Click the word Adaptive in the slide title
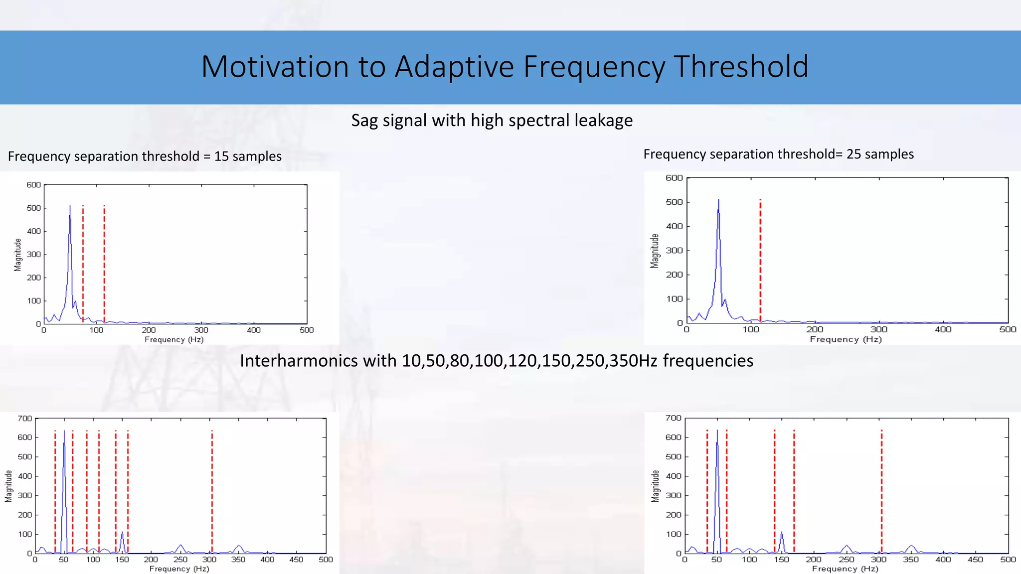click(454, 67)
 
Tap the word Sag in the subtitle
click(364, 121)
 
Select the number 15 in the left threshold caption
click(221, 156)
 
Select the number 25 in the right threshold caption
click(853, 154)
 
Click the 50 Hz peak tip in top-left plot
click(70, 206)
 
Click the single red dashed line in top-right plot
click(760, 259)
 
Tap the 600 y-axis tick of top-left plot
click(33, 185)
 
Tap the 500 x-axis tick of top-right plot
click(1008, 329)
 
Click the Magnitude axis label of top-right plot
click(655, 251)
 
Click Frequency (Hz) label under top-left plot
click(174, 340)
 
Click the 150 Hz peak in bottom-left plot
click(122, 533)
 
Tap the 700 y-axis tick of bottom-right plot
click(673, 418)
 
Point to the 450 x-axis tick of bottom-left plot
click(296, 560)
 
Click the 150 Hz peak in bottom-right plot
click(781, 533)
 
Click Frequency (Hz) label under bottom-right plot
click(845, 569)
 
